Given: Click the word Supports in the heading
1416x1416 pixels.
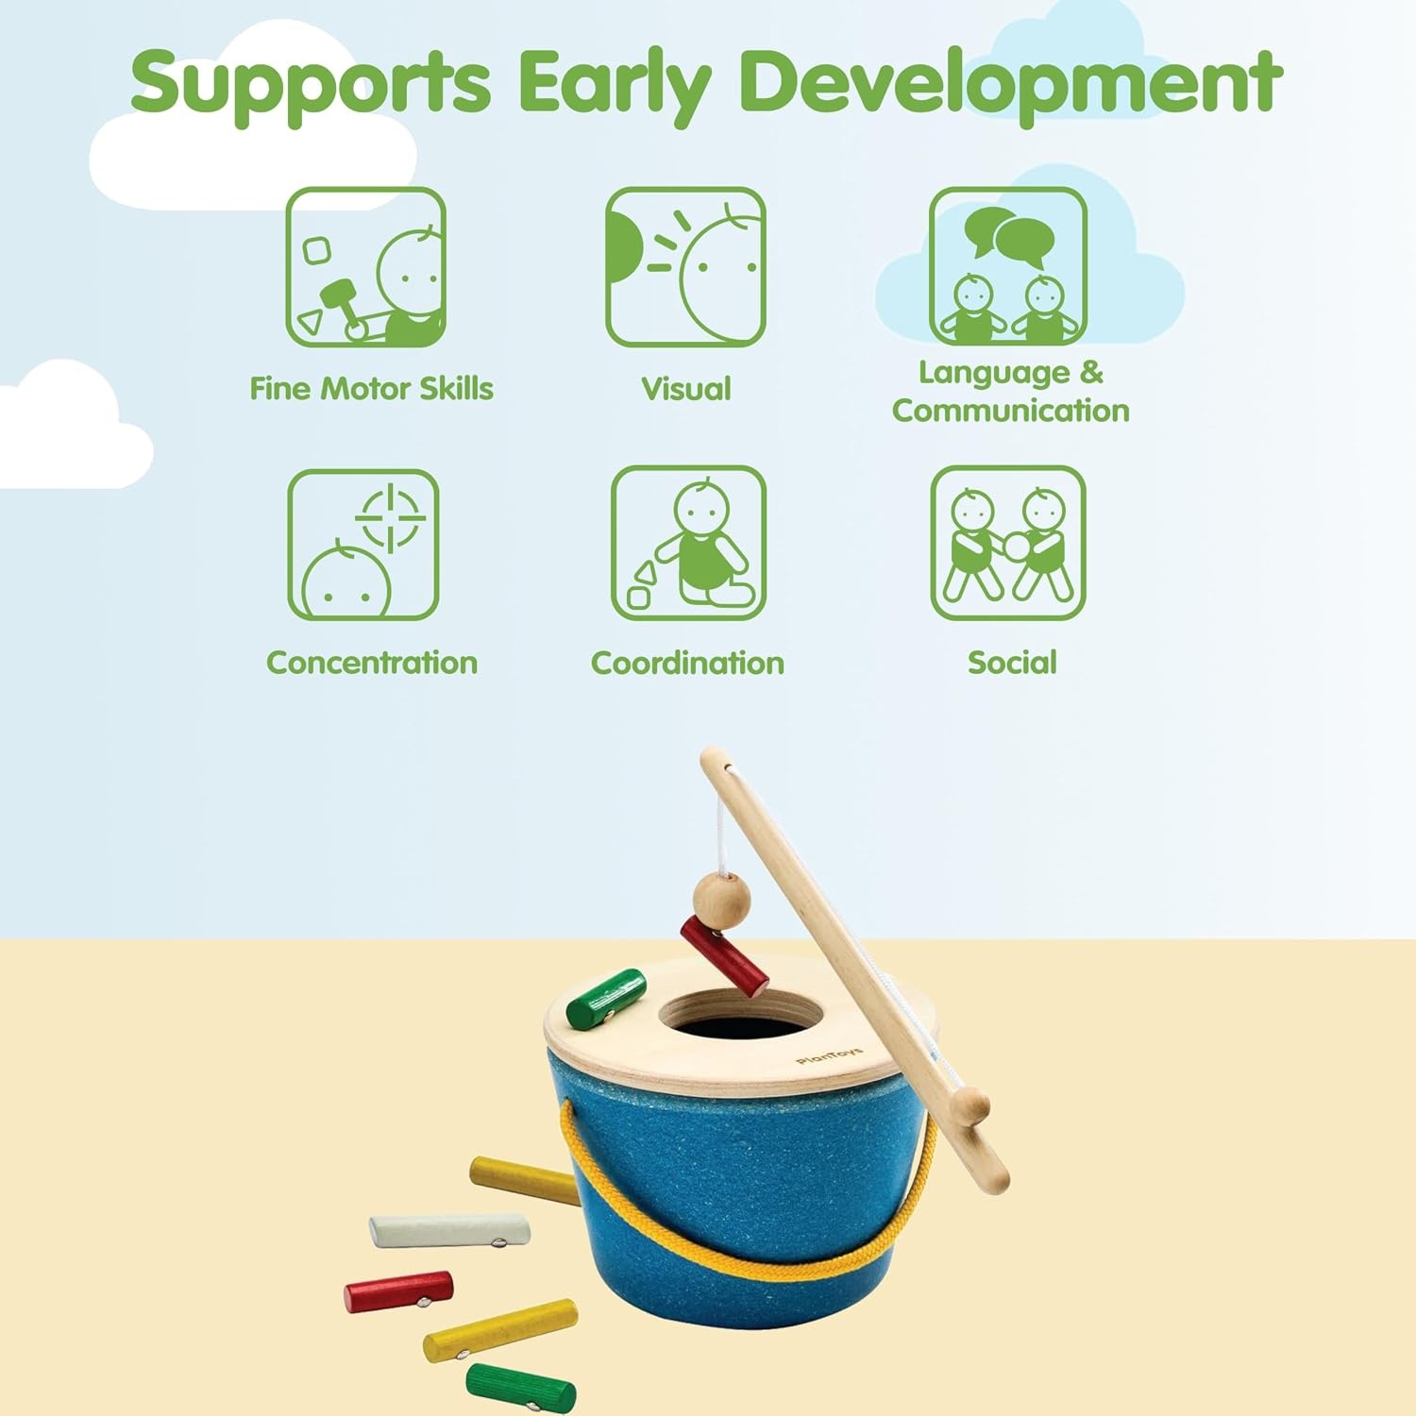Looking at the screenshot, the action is coord(311,83).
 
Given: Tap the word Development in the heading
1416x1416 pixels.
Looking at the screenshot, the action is coord(1011,81).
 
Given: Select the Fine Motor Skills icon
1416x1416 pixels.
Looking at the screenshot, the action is coord(366,267).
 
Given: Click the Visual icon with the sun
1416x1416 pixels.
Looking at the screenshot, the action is coord(685,267).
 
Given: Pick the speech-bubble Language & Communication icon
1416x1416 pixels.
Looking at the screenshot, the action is coord(1007,267).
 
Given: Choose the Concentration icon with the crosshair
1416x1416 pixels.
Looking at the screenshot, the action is coord(363,545).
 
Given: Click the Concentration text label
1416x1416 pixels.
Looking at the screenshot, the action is coord(372,663).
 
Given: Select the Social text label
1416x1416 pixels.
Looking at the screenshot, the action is coord(1012,663).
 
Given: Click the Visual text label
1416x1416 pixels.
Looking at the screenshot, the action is coord(686,389).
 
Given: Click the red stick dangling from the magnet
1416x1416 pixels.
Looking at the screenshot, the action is coord(724,955).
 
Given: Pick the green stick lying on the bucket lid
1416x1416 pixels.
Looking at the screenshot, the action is coord(606,999).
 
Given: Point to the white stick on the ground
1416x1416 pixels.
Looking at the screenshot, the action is coord(448,1230).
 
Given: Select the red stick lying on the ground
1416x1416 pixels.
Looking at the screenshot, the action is coord(398,1292).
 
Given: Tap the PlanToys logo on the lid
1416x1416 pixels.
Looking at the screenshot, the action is coord(829,1055).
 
